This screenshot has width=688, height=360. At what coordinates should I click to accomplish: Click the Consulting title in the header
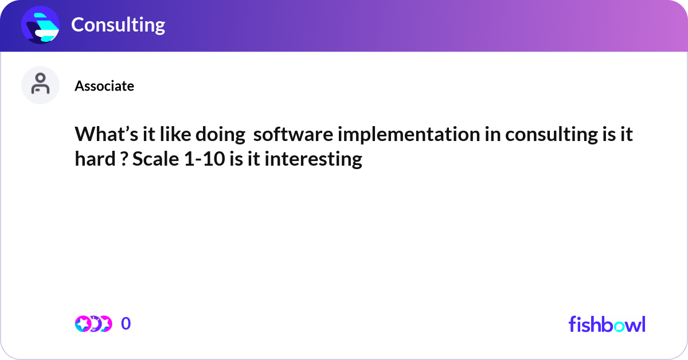click(x=118, y=25)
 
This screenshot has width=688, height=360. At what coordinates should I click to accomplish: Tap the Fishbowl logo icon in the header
click(x=41, y=25)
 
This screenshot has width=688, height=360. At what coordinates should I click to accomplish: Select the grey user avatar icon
click(x=40, y=85)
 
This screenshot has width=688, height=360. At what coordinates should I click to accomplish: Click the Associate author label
click(x=104, y=86)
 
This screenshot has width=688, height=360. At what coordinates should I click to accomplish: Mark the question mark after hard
click(x=123, y=159)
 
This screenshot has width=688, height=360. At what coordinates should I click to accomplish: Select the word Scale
click(x=151, y=159)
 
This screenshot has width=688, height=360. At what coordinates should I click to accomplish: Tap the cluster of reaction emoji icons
click(x=93, y=324)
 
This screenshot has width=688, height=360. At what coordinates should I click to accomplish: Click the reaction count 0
click(x=126, y=324)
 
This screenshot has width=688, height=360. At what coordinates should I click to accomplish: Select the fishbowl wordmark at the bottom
click(x=607, y=324)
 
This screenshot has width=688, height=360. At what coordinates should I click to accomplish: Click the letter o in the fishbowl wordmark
click(x=616, y=325)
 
